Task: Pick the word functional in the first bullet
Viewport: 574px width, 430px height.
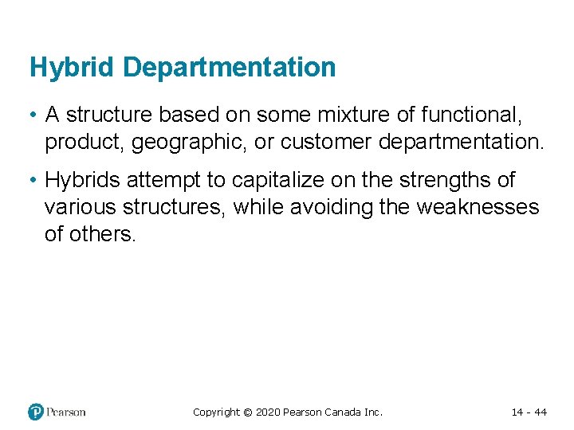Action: point(468,115)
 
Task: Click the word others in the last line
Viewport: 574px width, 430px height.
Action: point(101,234)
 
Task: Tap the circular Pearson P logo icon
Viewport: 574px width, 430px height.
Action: point(36,412)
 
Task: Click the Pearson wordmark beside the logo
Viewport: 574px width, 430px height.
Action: point(65,412)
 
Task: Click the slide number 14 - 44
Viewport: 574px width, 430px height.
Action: point(529,412)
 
